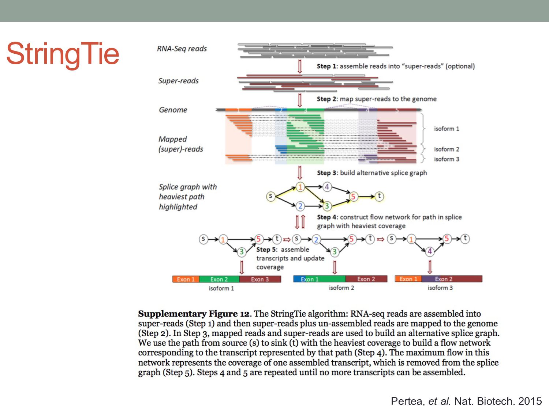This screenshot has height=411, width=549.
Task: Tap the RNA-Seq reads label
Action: [x=182, y=49]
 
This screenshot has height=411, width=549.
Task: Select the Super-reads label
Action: [x=178, y=81]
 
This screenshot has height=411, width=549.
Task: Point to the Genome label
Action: [x=173, y=110]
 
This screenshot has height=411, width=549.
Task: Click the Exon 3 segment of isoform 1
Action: [x=260, y=279]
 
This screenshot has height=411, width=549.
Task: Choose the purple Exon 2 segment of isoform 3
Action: [x=444, y=279]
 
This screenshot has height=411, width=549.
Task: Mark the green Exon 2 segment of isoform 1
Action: [x=219, y=279]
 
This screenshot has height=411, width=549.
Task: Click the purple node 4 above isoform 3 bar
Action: [x=430, y=251]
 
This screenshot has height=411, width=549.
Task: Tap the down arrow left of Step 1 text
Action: [x=300, y=66]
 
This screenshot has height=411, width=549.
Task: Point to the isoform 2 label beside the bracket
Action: [x=447, y=149]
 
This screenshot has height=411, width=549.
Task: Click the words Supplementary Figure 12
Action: [x=194, y=314]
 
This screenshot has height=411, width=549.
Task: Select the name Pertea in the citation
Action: [x=406, y=401]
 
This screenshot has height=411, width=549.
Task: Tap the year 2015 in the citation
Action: [x=530, y=401]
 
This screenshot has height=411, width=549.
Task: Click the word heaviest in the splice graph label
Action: [x=171, y=197]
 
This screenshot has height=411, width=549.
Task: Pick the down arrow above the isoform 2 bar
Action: [x=335, y=267]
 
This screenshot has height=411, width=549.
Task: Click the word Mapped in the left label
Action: [x=172, y=139]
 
